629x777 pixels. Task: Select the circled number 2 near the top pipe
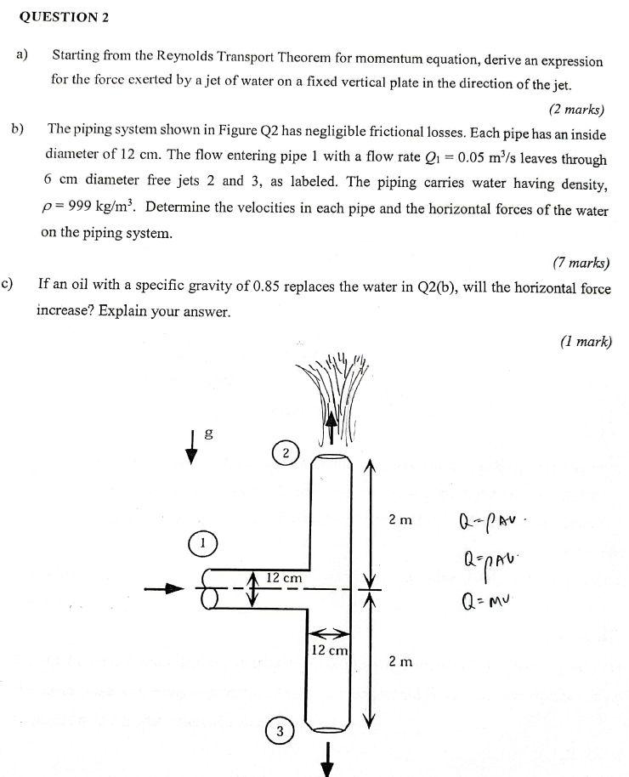[x=286, y=452]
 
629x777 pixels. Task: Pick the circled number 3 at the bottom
[x=278, y=730]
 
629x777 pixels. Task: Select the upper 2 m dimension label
[x=400, y=519]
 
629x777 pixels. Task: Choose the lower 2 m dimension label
[x=400, y=661]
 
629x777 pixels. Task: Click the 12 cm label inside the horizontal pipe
[x=284, y=578]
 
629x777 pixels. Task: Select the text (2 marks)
[x=576, y=109]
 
